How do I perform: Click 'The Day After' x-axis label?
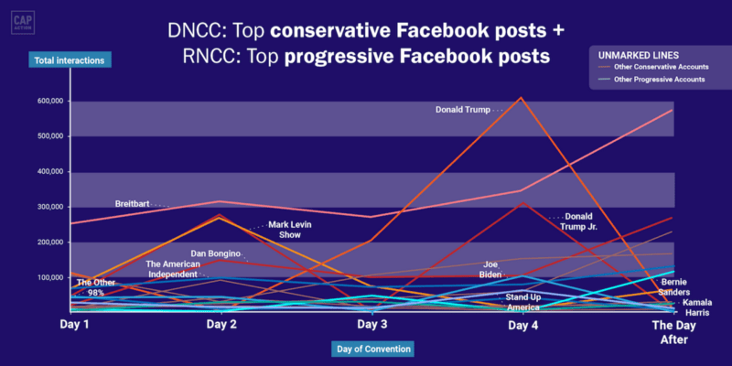click(673, 331)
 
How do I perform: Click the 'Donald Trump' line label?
click(463, 110)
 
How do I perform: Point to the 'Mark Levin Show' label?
click(290, 230)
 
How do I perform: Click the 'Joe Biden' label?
click(490, 269)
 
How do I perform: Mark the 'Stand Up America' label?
click(523, 303)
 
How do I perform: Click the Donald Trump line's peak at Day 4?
click(522, 98)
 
